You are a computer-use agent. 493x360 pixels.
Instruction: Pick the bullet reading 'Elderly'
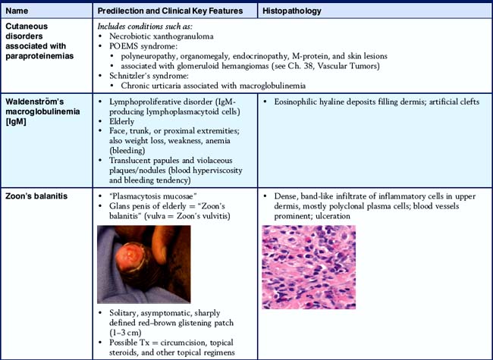click(122, 120)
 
